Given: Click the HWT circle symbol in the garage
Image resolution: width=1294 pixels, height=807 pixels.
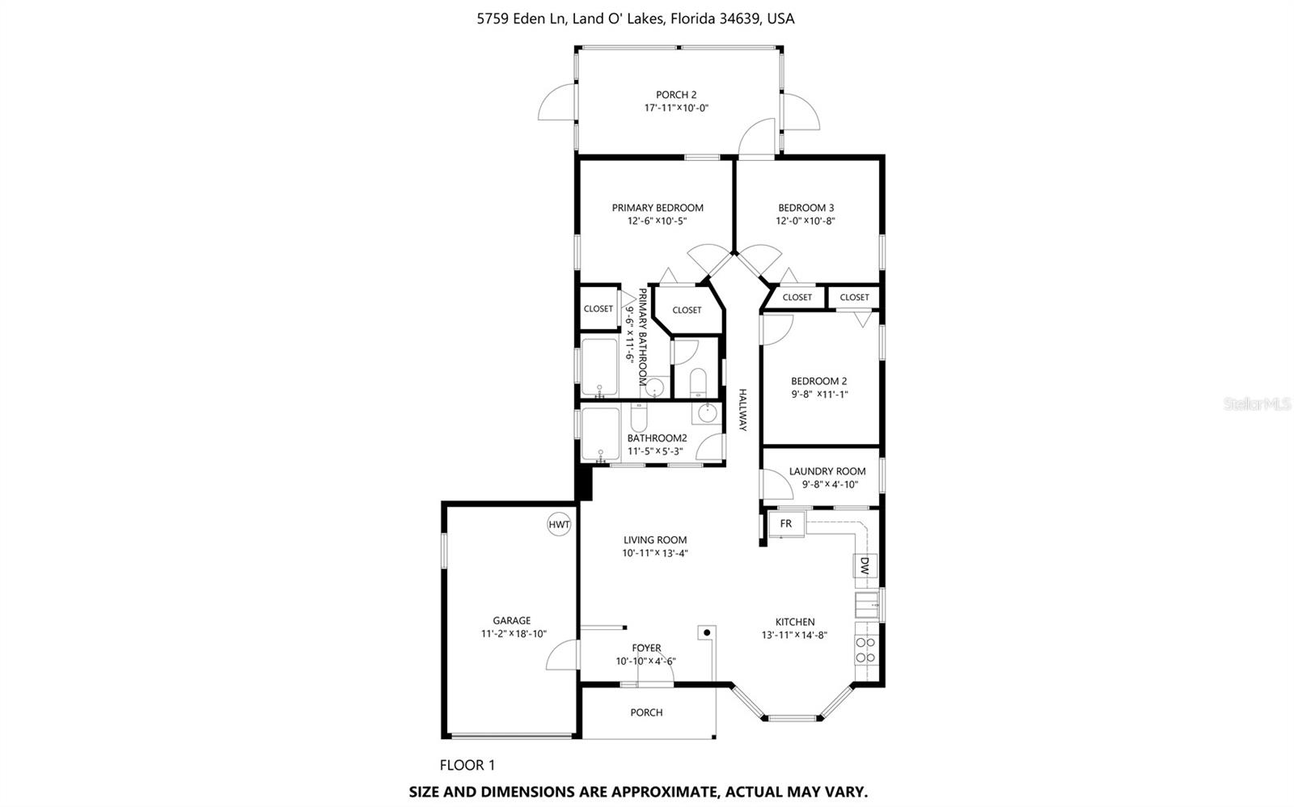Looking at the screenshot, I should click(559, 524).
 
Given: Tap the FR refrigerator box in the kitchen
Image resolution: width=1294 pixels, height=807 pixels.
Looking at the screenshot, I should click(785, 524).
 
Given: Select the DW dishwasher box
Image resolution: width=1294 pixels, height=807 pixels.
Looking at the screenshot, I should click(865, 564).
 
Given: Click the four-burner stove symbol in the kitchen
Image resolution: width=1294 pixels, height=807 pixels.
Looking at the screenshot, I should click(865, 650).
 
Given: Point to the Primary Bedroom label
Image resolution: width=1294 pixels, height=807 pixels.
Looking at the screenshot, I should click(657, 208).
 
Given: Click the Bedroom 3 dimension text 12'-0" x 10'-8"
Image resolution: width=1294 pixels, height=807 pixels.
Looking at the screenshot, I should click(806, 221).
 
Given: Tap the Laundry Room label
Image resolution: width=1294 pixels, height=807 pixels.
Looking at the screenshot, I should click(827, 471).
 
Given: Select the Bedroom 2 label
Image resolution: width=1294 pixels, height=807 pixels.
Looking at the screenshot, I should click(818, 381).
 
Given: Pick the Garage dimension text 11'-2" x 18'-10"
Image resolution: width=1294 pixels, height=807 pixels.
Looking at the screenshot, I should click(514, 634).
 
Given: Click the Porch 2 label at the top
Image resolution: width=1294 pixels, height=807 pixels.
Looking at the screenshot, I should click(676, 95).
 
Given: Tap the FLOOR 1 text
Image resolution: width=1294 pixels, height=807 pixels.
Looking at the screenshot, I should click(467, 765).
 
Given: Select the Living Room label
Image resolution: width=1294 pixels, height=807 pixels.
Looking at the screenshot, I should click(654, 540).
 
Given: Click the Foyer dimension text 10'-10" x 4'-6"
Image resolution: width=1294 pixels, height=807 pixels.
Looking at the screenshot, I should click(645, 661).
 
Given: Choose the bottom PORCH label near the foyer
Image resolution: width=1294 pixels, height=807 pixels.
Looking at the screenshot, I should click(646, 712).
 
